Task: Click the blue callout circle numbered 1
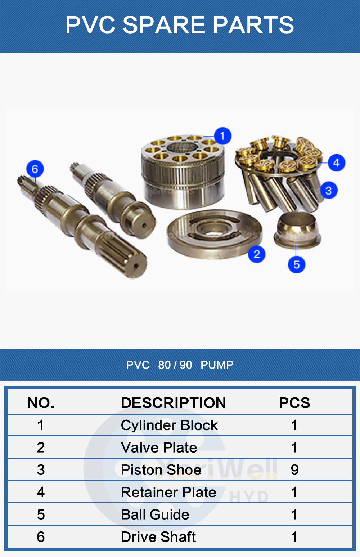tap(222, 136)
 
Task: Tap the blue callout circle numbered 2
tap(257, 254)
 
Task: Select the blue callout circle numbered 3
tap(329, 190)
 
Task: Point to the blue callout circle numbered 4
tap(336, 162)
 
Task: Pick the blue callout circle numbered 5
tap(296, 264)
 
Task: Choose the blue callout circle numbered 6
tap(35, 169)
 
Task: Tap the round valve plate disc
tap(215, 235)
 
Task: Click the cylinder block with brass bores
tap(183, 171)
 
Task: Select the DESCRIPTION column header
tap(174, 402)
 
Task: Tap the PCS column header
tap(294, 402)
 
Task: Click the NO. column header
tap(41, 402)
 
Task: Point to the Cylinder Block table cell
tap(169, 425)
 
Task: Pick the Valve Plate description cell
tap(159, 447)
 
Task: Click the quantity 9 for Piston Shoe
tap(294, 470)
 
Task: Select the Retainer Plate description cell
tap(169, 492)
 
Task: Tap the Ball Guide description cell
tap(155, 514)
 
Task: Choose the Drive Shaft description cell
tap(158, 536)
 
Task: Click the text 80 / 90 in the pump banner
tap(175, 365)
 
